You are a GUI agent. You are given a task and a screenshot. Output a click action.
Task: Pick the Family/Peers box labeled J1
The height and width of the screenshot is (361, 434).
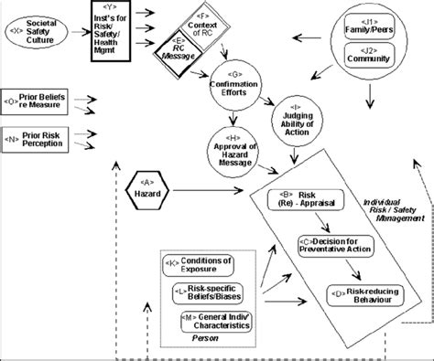point(372,28)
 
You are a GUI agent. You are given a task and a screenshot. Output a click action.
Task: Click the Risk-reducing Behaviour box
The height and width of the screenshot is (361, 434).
point(362,295)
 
